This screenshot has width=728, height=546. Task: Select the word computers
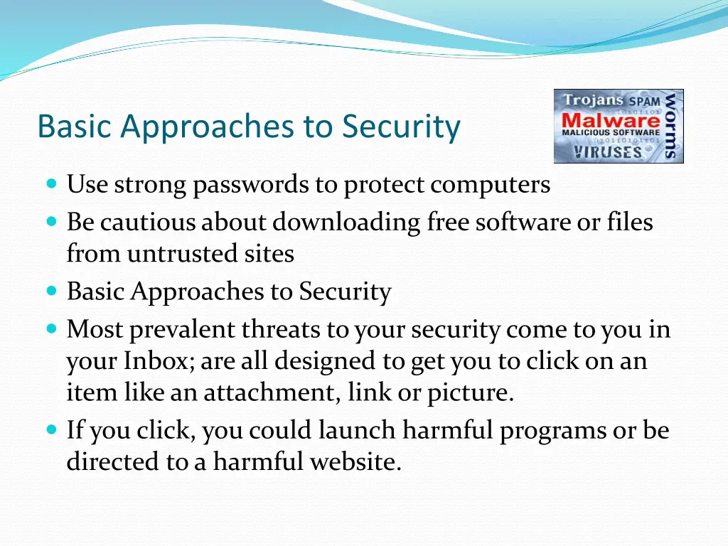click(x=490, y=185)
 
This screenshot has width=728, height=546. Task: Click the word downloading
click(x=347, y=223)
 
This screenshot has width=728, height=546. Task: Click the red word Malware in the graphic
click(x=611, y=119)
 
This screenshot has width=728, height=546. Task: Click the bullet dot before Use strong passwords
click(x=52, y=184)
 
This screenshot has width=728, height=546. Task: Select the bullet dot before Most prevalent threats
click(x=52, y=329)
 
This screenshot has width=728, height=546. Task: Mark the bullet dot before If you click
click(x=52, y=430)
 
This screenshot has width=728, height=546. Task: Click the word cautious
click(x=147, y=223)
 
